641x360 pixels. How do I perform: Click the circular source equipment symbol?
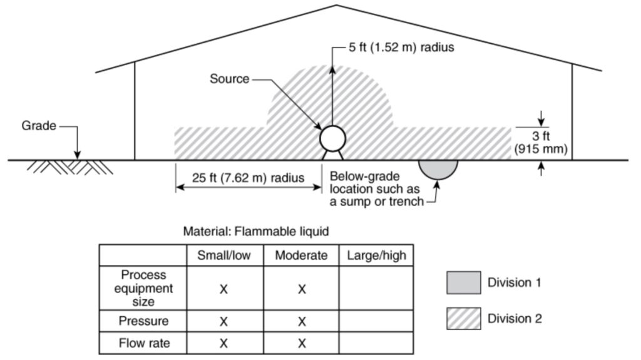pyautogui.click(x=332, y=139)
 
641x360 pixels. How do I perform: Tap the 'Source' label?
pyautogui.click(x=229, y=78)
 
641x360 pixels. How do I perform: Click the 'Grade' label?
pyautogui.click(x=39, y=126)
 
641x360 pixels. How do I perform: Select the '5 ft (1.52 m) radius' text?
pyautogui.click(x=401, y=48)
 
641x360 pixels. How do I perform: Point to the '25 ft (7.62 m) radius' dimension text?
pyautogui.click(x=248, y=178)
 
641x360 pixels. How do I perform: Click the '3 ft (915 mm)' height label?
pyautogui.click(x=541, y=142)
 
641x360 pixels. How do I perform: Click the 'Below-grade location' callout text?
pyautogui.click(x=376, y=189)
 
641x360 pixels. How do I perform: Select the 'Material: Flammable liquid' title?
pyautogui.click(x=256, y=232)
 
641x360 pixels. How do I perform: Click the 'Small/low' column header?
pyautogui.click(x=223, y=255)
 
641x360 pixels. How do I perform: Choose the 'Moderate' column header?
pyautogui.click(x=301, y=255)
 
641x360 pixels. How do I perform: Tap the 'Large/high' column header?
pyautogui.click(x=376, y=255)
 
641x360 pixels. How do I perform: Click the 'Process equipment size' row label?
pyautogui.click(x=143, y=288)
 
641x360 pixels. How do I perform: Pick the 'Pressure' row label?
pyautogui.click(x=143, y=321)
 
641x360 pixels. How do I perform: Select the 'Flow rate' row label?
pyautogui.click(x=144, y=343)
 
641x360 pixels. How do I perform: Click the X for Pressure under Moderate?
pyautogui.click(x=302, y=322)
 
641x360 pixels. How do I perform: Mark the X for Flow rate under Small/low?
pyautogui.click(x=223, y=343)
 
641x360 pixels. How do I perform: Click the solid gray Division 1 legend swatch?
pyautogui.click(x=464, y=282)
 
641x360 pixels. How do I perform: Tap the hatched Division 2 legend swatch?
pyautogui.click(x=464, y=318)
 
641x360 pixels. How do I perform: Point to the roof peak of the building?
pyautogui.click(x=336, y=5)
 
